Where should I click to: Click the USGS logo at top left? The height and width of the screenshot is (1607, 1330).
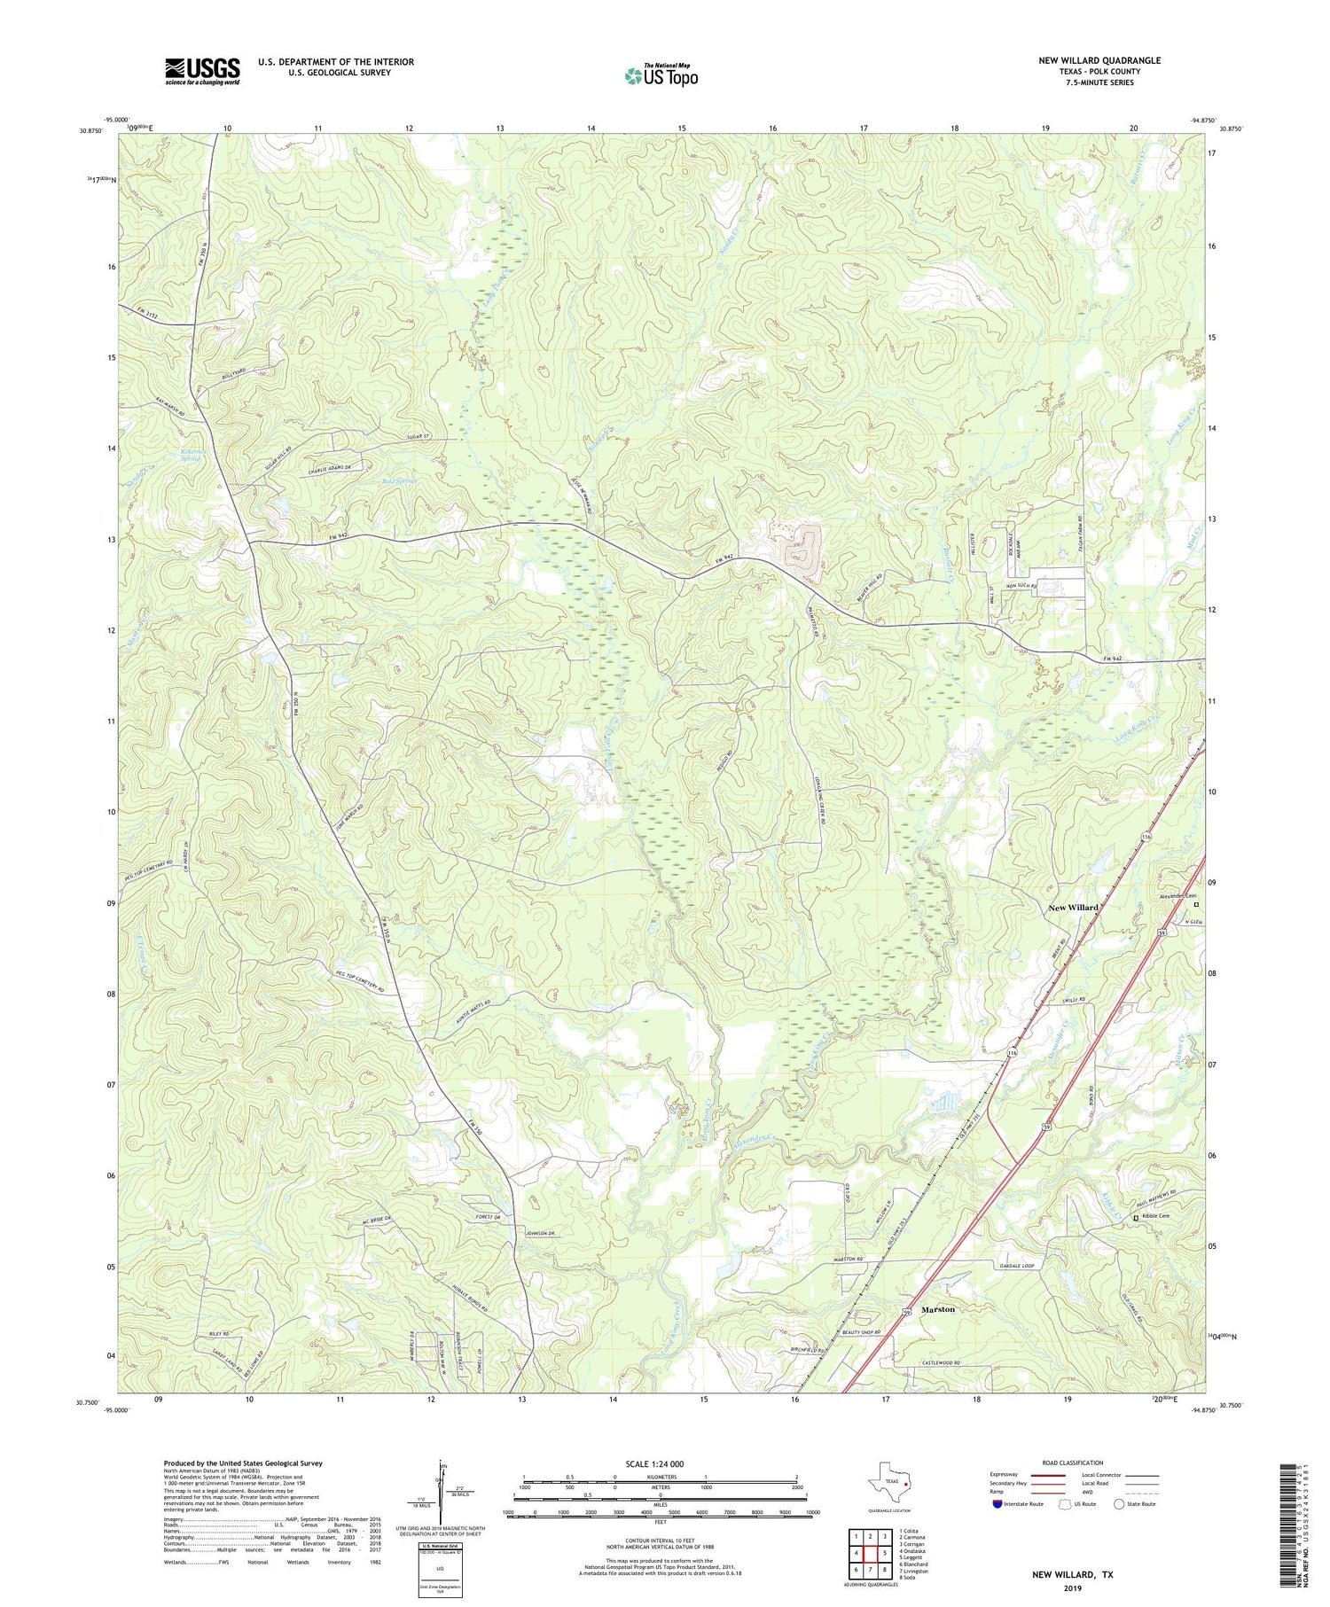(202, 70)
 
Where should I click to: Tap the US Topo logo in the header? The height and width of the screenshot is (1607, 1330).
(661, 76)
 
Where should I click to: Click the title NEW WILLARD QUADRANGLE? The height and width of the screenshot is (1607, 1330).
(1099, 60)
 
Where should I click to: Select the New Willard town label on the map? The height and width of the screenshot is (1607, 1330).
(1073, 908)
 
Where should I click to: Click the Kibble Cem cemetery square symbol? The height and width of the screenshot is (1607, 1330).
(1136, 1219)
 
